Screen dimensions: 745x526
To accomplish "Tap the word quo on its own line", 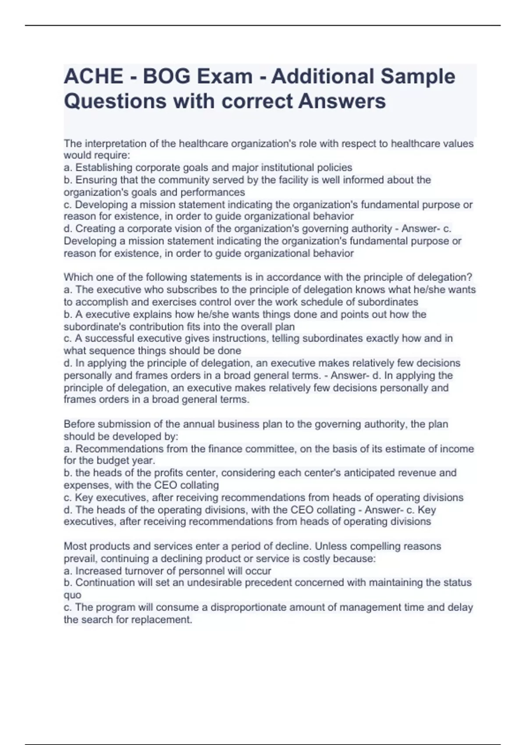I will [72, 595].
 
